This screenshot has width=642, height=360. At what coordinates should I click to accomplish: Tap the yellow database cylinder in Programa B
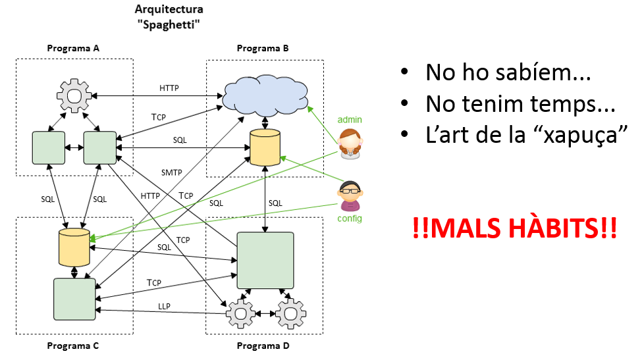pos(265,147)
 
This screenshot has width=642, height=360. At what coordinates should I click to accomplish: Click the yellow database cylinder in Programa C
pos(74,247)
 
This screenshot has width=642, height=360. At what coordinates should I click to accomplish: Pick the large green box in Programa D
pos(265,259)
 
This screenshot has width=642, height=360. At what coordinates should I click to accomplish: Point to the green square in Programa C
pos(74,298)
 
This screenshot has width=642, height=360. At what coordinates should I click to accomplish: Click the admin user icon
pos(349,144)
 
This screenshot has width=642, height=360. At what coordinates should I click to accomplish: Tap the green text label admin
pos(350,120)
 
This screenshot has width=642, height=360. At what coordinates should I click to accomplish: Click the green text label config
pos(350,219)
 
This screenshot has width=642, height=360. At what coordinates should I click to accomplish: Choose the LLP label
pos(164,306)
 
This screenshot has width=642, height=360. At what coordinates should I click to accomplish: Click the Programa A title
pos(74,48)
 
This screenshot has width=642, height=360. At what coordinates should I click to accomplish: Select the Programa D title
pos(263,346)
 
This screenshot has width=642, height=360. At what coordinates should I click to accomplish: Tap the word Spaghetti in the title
pos(169,24)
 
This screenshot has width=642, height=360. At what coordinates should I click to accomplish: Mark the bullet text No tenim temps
pos(520,103)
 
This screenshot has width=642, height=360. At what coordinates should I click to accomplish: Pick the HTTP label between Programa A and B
pos(169,88)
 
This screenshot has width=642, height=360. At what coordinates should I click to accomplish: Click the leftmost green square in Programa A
pos(49,147)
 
